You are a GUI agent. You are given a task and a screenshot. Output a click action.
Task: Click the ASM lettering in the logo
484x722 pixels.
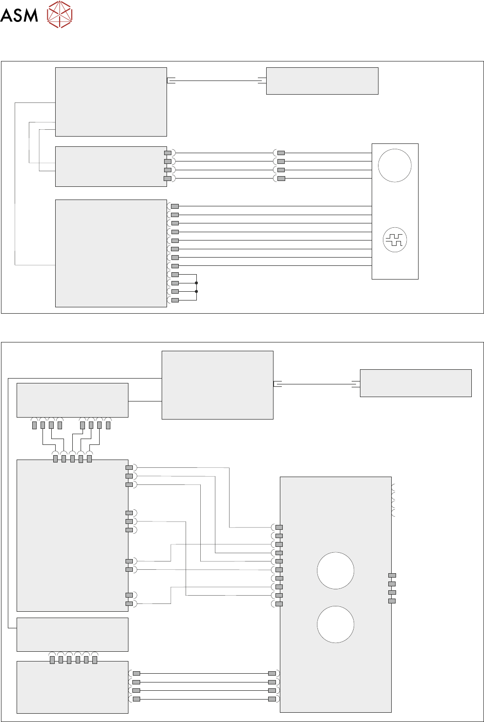[x=19, y=15]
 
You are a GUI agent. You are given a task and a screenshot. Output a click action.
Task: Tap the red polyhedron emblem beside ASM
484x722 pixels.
[x=60, y=14]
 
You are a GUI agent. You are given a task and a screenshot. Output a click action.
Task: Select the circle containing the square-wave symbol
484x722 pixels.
[x=395, y=240]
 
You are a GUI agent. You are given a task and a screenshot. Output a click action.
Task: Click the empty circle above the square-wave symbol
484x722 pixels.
[x=395, y=165]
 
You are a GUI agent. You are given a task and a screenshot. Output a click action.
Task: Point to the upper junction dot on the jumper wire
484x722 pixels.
[x=196, y=283]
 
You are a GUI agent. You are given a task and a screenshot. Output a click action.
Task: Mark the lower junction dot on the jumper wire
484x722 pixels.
[x=196, y=292]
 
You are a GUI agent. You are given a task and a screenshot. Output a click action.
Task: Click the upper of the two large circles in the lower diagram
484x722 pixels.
[x=336, y=571]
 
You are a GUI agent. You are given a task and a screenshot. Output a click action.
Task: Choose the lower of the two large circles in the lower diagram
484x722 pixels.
[x=336, y=624]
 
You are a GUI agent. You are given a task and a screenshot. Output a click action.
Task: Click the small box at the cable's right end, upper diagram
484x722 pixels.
[x=322, y=81]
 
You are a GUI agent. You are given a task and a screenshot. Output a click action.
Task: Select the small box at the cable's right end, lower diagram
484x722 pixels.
[x=416, y=383]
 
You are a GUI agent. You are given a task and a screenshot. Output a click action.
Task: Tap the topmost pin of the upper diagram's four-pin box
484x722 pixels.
[x=168, y=153]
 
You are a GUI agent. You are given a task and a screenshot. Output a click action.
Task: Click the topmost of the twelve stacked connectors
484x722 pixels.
[x=175, y=206]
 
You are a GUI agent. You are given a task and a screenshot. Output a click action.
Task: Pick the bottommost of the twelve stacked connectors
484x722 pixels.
[x=175, y=300]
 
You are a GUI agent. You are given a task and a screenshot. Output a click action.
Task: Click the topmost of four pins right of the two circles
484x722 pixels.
[x=392, y=576]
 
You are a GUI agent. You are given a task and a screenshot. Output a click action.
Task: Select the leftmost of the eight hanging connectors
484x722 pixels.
[x=34, y=425]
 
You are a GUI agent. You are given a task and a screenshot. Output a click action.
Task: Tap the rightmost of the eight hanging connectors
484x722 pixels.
[x=108, y=425]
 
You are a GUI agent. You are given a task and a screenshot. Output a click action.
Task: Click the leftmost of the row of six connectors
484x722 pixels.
[x=52, y=660]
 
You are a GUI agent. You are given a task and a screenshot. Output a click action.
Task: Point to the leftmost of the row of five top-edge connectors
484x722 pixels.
[x=55, y=459]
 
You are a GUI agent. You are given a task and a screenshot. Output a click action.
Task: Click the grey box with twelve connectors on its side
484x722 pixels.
[x=111, y=253]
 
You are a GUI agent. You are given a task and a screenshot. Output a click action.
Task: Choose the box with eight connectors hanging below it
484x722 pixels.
[x=72, y=400]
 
